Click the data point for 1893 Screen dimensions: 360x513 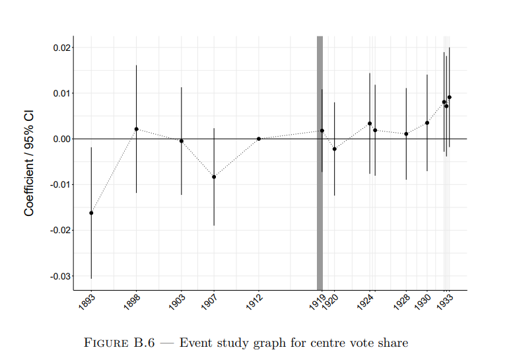point(91,213)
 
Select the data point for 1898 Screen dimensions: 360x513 point(137,129)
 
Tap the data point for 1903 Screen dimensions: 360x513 point(182,141)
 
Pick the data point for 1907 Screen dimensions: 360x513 point(214,177)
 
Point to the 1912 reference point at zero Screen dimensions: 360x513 point(259,139)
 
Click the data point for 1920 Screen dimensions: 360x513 point(335,149)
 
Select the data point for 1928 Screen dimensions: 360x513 point(406,134)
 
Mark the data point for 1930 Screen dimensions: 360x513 point(427,123)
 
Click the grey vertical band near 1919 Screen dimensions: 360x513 point(320,198)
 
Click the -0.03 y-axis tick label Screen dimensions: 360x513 point(61,276)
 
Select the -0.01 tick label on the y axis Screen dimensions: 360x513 point(61,184)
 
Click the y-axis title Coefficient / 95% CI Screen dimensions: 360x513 point(29,162)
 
